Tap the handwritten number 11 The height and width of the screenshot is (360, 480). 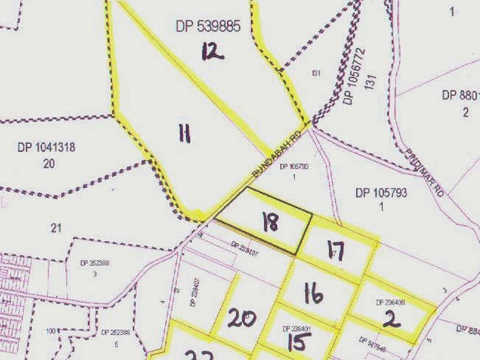[x=184, y=133]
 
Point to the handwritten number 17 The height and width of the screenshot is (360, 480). [x=336, y=251]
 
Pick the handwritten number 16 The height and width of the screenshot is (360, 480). [x=313, y=295]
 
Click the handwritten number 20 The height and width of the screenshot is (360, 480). [x=242, y=318]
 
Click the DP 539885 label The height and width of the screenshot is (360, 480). [x=208, y=26]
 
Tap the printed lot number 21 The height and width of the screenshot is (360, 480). [x=56, y=228]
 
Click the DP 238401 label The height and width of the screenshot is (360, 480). [x=296, y=329]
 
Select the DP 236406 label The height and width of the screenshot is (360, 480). [x=391, y=303]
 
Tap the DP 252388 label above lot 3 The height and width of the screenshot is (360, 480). [x=95, y=263]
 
